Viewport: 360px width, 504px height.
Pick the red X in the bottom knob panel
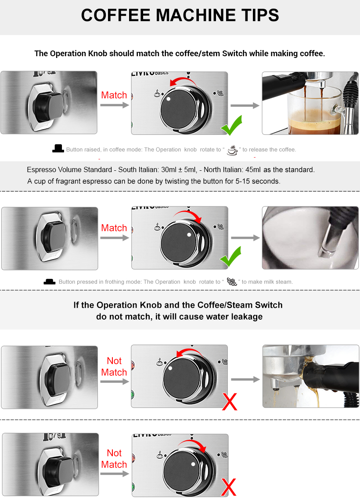click(x=229, y=487)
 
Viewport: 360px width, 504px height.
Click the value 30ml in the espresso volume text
click(x=169, y=169)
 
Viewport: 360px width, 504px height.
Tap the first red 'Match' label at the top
click(x=114, y=95)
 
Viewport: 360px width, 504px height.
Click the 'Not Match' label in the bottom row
click(x=114, y=459)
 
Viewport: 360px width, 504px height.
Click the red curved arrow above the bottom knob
click(x=194, y=444)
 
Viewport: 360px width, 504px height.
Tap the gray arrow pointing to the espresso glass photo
click(x=245, y=105)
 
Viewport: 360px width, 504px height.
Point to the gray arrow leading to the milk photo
click(x=245, y=238)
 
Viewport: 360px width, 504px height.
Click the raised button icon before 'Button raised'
click(x=58, y=148)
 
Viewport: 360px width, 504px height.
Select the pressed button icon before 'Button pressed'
click(x=50, y=281)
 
